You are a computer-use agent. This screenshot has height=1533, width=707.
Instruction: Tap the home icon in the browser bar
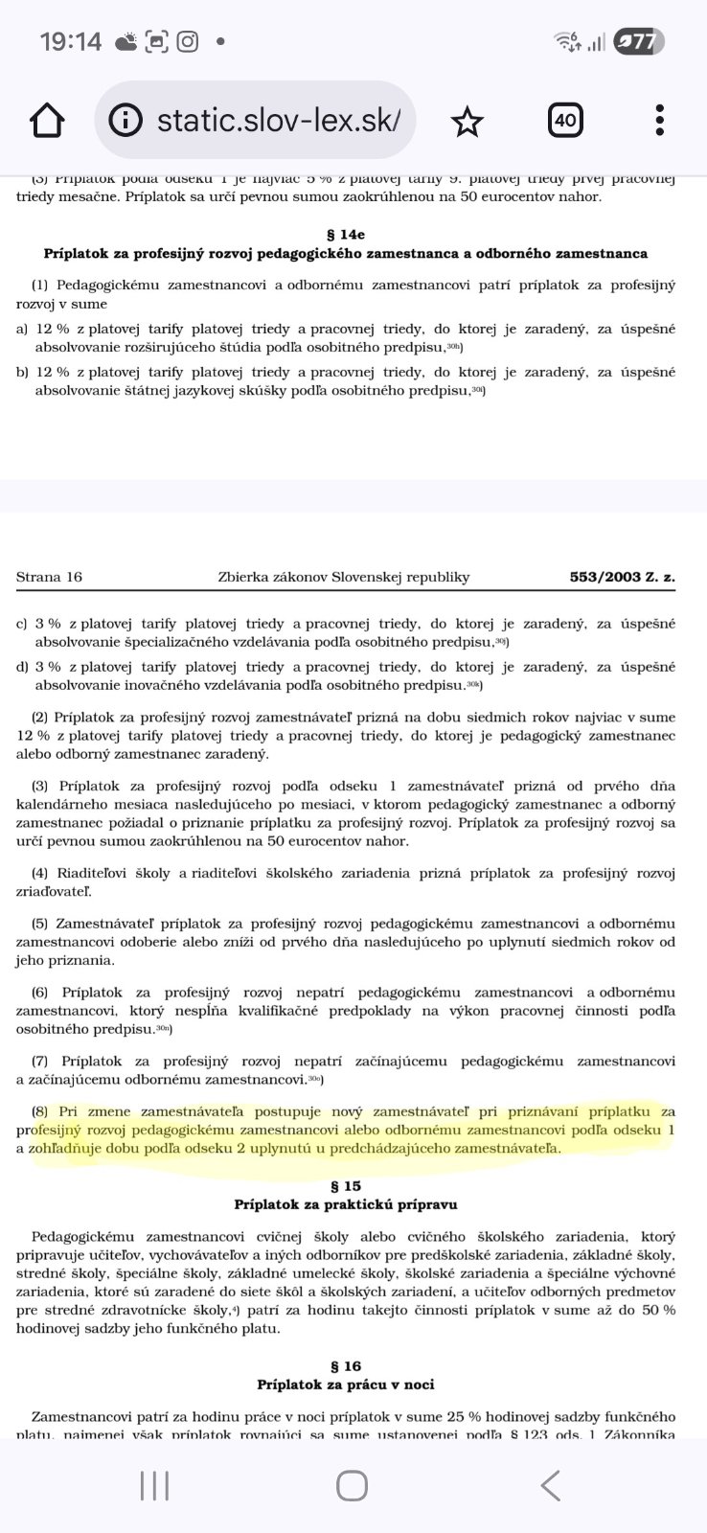point(47,122)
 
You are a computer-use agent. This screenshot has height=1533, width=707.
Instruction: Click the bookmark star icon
point(467,122)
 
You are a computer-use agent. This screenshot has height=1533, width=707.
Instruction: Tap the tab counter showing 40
point(565,121)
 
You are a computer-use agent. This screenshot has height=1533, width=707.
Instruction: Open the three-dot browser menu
point(660,121)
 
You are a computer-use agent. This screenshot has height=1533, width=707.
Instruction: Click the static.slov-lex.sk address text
point(279,121)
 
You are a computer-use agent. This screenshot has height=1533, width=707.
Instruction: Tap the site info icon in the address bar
point(125,122)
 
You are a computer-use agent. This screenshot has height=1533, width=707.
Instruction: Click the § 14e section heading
point(346,234)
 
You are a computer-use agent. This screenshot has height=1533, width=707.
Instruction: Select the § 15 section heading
point(346,1186)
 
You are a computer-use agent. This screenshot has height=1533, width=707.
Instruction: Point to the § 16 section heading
point(346,1366)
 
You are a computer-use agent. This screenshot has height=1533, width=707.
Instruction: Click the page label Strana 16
point(49,577)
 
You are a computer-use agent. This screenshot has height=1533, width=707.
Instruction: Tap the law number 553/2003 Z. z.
point(622,577)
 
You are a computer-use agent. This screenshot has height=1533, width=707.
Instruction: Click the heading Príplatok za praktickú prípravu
point(346,1204)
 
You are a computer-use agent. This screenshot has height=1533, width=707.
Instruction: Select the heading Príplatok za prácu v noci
point(346,1384)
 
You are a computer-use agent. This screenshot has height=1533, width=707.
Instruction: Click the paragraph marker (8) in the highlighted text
point(39,1111)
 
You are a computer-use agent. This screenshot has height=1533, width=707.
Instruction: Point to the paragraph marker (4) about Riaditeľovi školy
point(39,873)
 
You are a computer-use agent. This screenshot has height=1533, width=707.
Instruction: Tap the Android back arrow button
point(550,1486)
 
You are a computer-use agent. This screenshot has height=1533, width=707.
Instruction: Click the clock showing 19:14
point(70,41)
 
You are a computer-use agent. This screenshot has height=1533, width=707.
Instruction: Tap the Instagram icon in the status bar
point(188,41)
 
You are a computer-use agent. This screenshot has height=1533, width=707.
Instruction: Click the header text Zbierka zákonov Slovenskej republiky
point(344,577)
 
